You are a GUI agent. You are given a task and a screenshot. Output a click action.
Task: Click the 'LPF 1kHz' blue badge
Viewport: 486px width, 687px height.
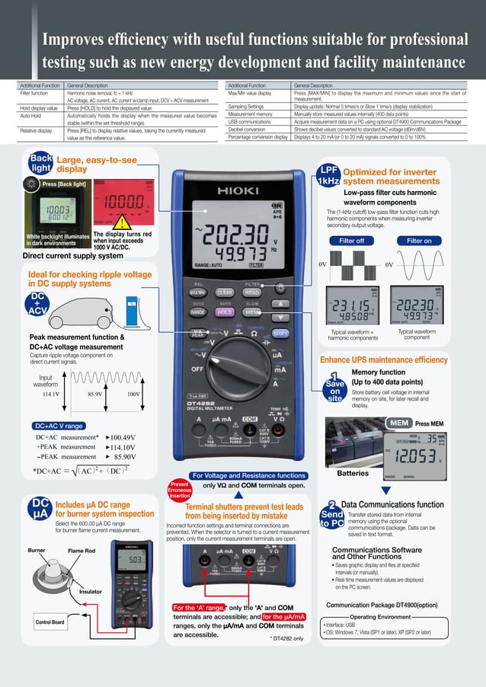click(x=328, y=176)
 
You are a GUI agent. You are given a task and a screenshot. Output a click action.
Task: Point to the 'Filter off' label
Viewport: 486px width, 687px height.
click(x=350, y=241)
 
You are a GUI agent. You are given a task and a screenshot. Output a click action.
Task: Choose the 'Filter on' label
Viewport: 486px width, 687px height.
click(x=418, y=241)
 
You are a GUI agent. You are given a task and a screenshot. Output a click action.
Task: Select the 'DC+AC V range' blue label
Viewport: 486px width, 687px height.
click(x=59, y=425)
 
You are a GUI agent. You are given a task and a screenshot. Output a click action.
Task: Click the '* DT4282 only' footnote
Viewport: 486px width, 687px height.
click(x=286, y=638)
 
